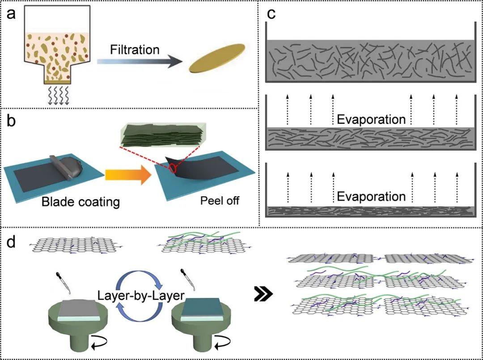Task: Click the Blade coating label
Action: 80,202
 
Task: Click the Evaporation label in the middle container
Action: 371,120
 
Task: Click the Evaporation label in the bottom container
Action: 371,197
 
